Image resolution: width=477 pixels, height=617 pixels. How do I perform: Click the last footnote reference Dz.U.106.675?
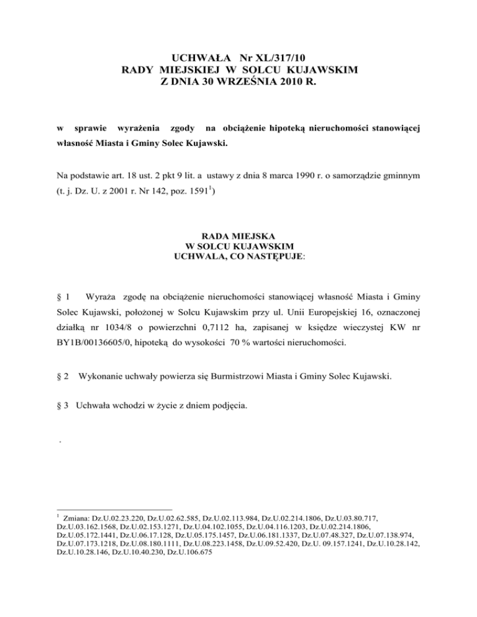pos(183,551)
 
